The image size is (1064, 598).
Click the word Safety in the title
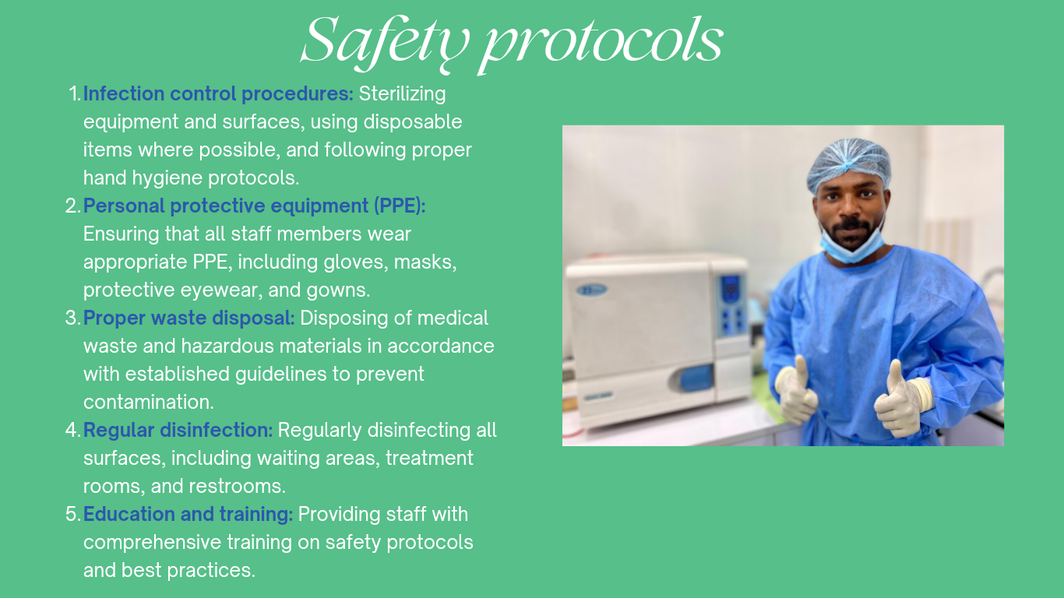click(x=386, y=43)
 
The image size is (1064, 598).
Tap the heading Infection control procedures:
click(x=219, y=93)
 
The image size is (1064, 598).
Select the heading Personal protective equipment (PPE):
click(x=255, y=206)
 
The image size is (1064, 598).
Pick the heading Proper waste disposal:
click(x=189, y=318)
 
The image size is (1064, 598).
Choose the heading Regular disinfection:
click(x=178, y=430)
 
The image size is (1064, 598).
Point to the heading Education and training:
click(x=188, y=515)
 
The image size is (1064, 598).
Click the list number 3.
click(x=72, y=318)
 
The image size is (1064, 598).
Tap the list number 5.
click(x=72, y=515)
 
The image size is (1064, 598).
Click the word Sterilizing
click(x=403, y=94)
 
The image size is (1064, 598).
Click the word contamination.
click(x=148, y=403)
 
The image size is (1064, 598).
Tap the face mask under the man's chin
click(x=851, y=246)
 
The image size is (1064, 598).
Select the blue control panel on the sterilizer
click(x=732, y=304)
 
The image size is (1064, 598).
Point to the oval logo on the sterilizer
click(x=592, y=290)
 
